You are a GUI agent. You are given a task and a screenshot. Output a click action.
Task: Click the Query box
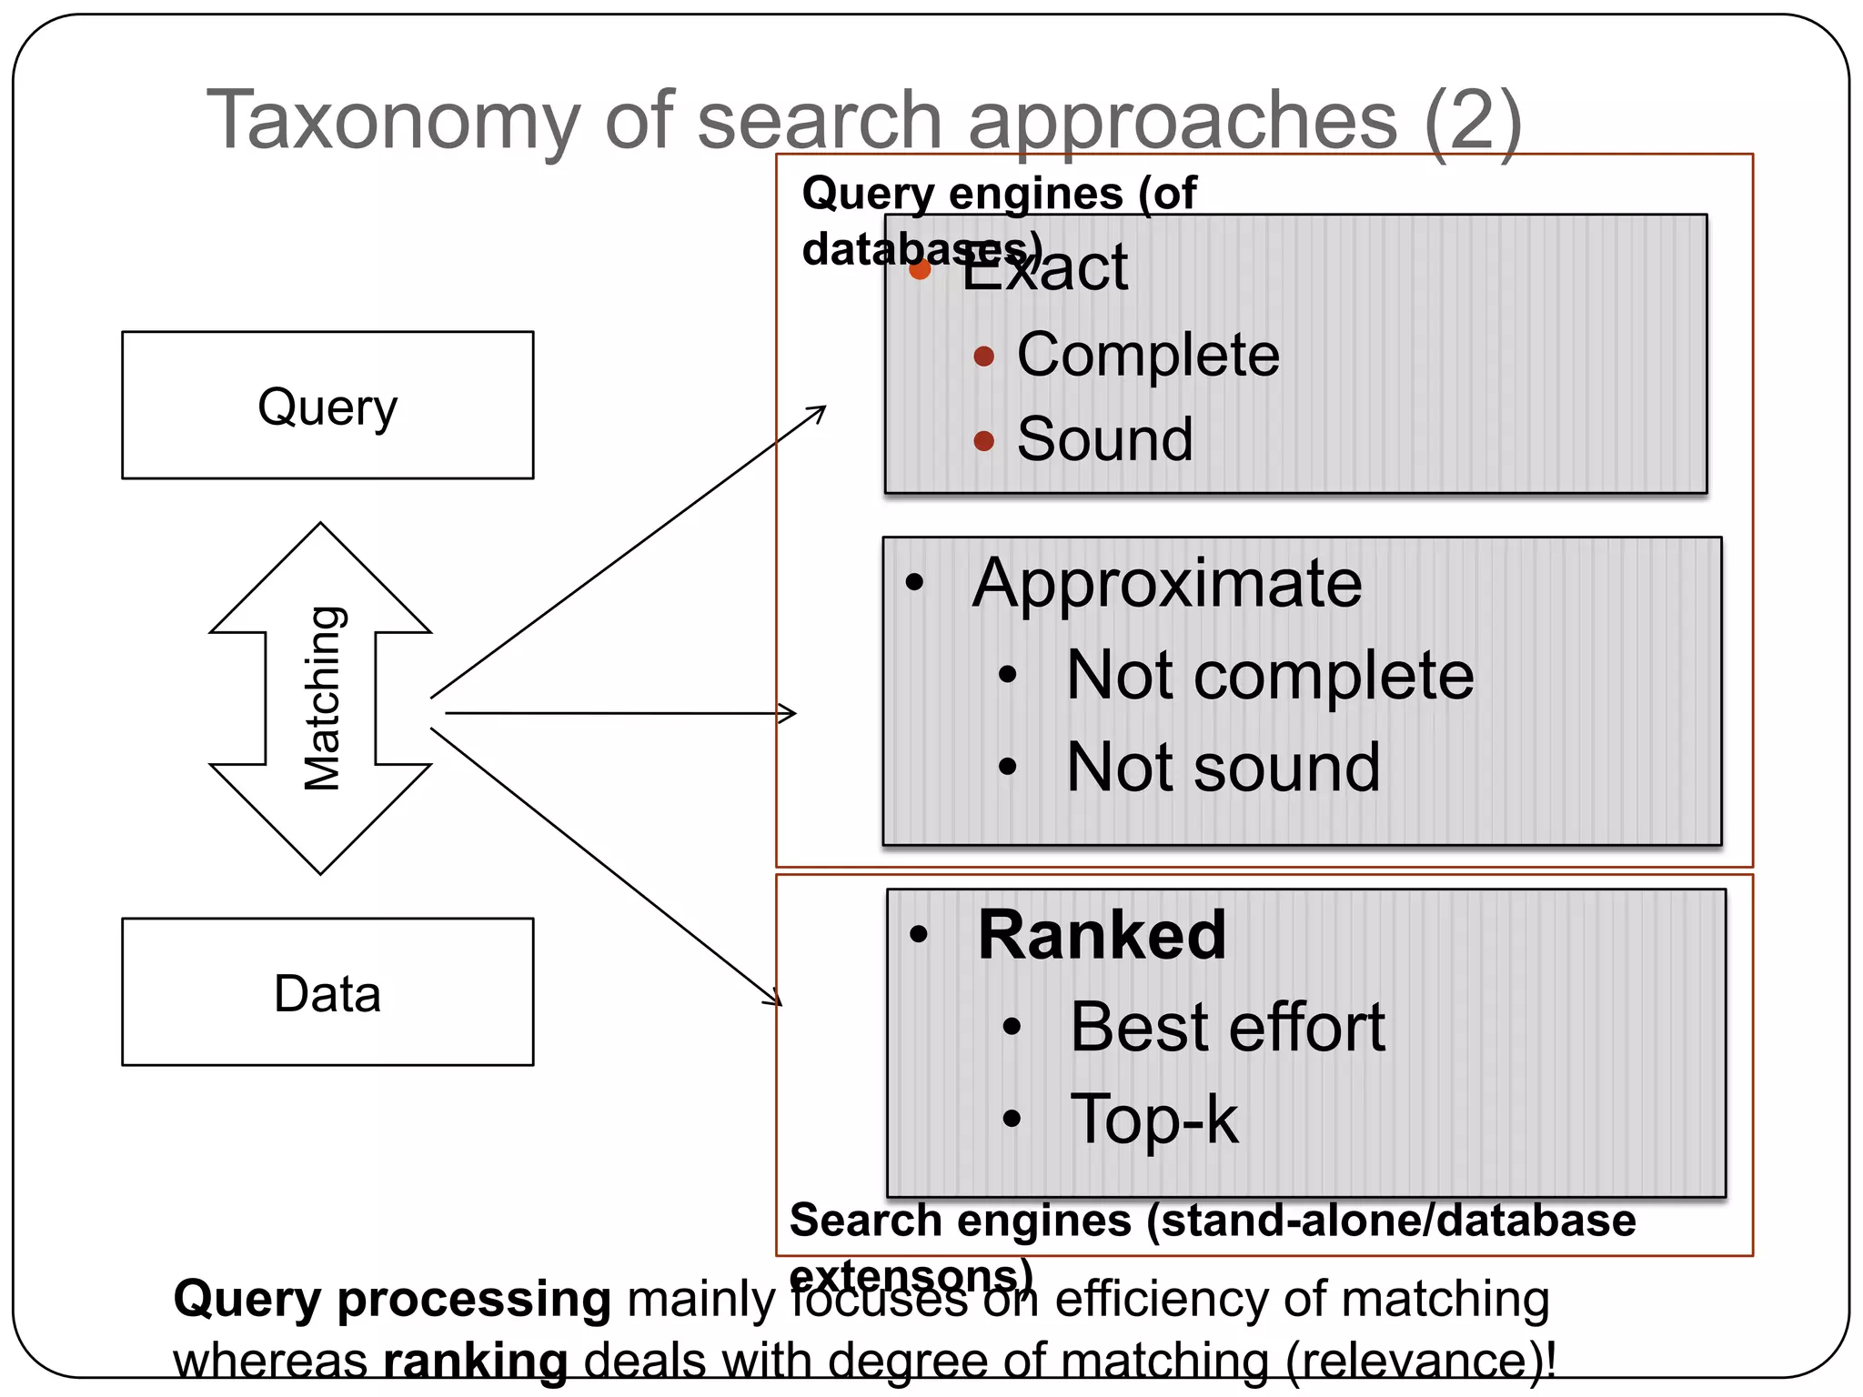327,406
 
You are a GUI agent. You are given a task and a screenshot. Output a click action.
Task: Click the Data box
327,992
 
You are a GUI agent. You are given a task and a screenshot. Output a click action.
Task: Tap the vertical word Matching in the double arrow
322,698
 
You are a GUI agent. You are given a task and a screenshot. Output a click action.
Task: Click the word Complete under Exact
1148,355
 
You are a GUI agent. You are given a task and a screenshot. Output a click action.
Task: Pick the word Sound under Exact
1104,439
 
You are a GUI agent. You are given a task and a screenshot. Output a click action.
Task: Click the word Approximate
1167,583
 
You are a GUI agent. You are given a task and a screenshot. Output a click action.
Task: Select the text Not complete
1270,676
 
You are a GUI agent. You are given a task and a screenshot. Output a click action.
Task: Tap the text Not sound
1223,768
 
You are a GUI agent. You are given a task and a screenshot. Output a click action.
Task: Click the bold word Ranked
1102,935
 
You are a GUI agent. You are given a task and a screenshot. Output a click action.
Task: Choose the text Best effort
1227,1028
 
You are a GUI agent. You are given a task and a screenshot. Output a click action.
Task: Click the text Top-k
1154,1120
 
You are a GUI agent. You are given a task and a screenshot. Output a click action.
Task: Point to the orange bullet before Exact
920,269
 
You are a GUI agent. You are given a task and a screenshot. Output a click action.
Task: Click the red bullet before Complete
983,356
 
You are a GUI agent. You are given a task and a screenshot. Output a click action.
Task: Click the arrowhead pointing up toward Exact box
818,412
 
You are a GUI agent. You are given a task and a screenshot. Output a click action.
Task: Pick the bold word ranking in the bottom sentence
476,1362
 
